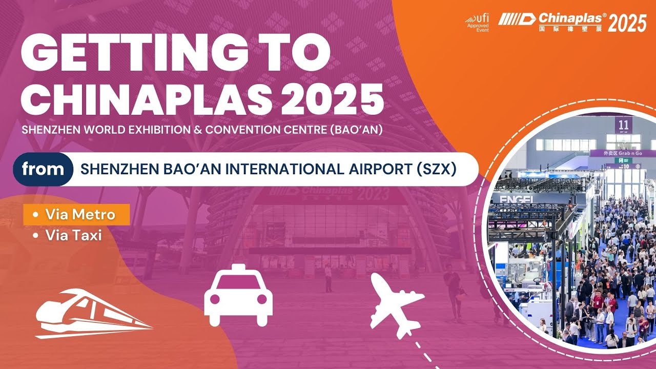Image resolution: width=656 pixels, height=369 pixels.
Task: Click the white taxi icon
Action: [x=238, y=295]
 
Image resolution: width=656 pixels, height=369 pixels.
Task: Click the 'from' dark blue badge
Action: [x=43, y=169]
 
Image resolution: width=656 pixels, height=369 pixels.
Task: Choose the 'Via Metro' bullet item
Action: [x=76, y=215]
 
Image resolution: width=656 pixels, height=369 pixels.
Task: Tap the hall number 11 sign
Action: [x=623, y=126]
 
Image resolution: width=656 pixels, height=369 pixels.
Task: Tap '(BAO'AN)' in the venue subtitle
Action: [x=356, y=130]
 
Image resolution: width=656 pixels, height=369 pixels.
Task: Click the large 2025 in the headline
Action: [x=332, y=99]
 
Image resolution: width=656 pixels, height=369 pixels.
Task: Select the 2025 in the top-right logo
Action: [x=627, y=24]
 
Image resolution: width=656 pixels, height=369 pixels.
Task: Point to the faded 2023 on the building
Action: [x=373, y=194]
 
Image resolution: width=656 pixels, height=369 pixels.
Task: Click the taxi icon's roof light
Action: [x=238, y=267]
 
